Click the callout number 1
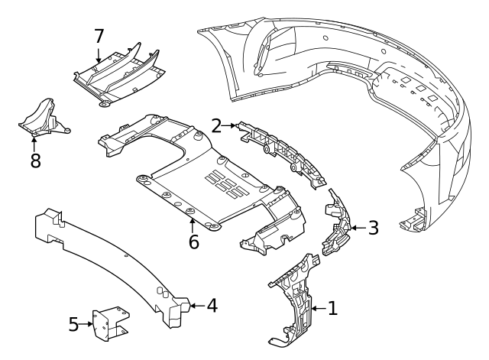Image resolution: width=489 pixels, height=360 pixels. [x=332, y=309]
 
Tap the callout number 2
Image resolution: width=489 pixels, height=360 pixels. [x=217, y=125]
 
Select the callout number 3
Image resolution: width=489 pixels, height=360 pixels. [x=373, y=227]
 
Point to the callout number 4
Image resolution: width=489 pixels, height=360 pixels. [x=212, y=306]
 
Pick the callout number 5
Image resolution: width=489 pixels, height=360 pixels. [x=74, y=324]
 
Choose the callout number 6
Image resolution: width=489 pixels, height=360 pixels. [x=193, y=242]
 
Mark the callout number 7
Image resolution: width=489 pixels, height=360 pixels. [x=99, y=36]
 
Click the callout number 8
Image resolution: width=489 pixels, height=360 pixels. [x=34, y=161]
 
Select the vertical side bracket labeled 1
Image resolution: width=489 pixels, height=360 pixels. [x=296, y=298]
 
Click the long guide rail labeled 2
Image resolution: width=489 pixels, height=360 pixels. [x=283, y=149]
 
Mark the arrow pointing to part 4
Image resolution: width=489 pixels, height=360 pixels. [x=196, y=306]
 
